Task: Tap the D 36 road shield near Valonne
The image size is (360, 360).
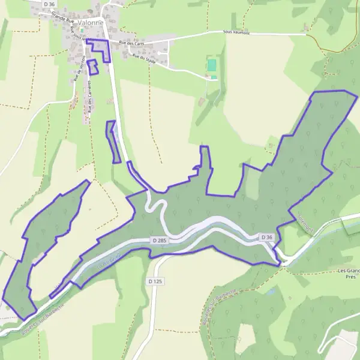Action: pyautogui.click(x=50, y=4)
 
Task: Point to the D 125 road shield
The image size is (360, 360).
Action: pyautogui.click(x=155, y=280)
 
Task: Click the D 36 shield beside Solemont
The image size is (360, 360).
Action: pyautogui.click(x=267, y=238)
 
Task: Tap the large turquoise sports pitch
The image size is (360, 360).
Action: pyautogui.click(x=211, y=65)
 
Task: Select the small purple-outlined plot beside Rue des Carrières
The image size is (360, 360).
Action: pyautogui.click(x=92, y=67)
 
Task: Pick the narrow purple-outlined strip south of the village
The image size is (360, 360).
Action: pyautogui.click(x=113, y=142)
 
